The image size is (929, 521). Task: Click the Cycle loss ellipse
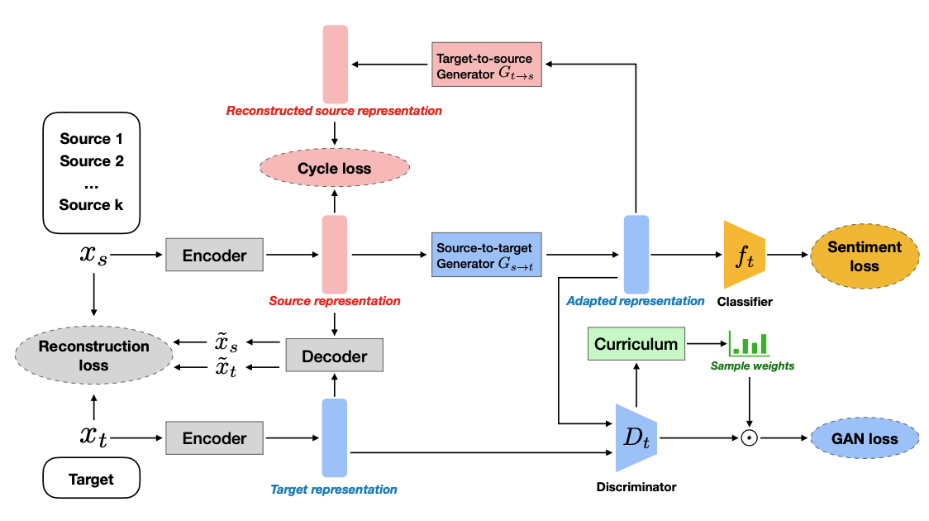(x=335, y=169)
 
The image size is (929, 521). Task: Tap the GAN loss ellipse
(x=865, y=438)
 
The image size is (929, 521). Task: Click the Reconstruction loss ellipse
(x=93, y=356)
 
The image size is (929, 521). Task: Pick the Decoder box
(x=334, y=356)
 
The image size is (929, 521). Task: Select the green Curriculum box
(x=636, y=343)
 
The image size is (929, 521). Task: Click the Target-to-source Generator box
(x=486, y=64)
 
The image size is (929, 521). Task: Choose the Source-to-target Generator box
(x=486, y=256)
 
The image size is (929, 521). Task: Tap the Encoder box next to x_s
(x=215, y=256)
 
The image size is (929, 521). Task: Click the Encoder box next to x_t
(x=215, y=438)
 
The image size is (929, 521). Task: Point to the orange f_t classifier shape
(x=742, y=256)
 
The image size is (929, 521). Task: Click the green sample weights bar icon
(x=747, y=343)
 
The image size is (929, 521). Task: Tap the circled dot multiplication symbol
(x=749, y=439)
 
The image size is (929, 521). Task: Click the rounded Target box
(x=92, y=479)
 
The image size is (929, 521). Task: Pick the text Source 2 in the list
(x=92, y=161)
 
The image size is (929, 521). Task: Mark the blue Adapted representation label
(x=635, y=302)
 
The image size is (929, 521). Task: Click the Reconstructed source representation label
(x=334, y=111)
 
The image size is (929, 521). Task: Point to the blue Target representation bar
(x=334, y=438)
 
